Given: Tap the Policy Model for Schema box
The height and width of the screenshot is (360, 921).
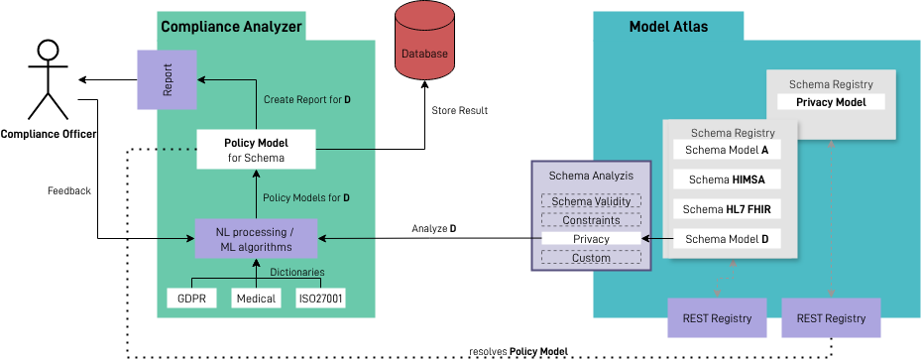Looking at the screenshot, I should click(256, 150).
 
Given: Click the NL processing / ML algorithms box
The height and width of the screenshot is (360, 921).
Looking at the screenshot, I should click(256, 238).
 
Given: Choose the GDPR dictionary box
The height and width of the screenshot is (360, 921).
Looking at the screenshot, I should click(191, 298).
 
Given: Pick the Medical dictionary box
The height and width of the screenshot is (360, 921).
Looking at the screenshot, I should click(257, 298).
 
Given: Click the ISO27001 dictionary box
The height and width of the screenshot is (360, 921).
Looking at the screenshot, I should click(321, 298).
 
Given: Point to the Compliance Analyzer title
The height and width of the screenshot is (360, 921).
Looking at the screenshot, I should click(232, 26).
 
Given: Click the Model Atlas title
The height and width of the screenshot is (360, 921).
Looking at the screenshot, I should click(668, 27).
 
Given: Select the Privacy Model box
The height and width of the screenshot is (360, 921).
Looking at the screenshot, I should click(831, 102).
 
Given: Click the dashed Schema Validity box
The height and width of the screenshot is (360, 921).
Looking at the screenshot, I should click(591, 201).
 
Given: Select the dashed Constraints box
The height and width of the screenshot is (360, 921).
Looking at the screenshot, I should click(591, 220).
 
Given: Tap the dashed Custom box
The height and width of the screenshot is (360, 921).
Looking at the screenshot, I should click(591, 258).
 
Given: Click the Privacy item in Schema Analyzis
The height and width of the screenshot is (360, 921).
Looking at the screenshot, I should click(591, 239).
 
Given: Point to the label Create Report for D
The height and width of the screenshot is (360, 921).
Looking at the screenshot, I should click(306, 100).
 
